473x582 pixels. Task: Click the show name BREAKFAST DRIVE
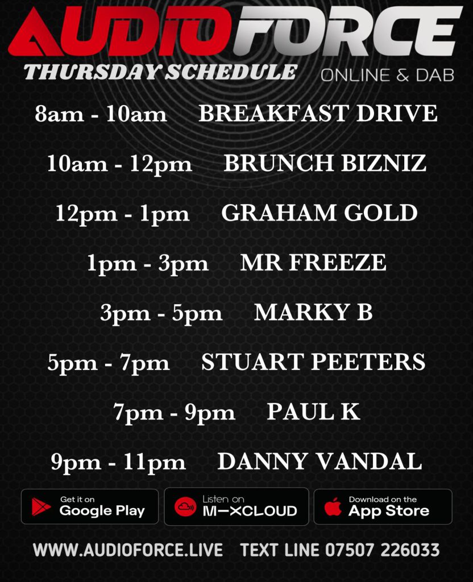coord(318,113)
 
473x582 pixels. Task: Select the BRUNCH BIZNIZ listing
coord(325,163)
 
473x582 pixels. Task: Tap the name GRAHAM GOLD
coord(320,213)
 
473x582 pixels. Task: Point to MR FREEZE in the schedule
coord(313,263)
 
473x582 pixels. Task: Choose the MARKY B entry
coord(313,312)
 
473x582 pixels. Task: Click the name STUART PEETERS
coord(313,362)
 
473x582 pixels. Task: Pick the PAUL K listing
coord(313,411)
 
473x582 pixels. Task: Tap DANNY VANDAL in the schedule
coord(320,462)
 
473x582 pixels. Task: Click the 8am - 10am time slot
coord(101,114)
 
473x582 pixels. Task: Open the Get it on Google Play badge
coord(90,506)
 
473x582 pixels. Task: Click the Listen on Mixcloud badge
coord(236,506)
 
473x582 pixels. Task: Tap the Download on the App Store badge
coord(383,506)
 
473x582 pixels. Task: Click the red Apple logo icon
coord(333,506)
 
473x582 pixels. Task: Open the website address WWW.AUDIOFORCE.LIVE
coord(128,550)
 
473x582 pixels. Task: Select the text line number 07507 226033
coord(383,550)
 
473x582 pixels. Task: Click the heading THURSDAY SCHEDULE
coord(160,72)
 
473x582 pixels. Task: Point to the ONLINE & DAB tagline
coord(387,76)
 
